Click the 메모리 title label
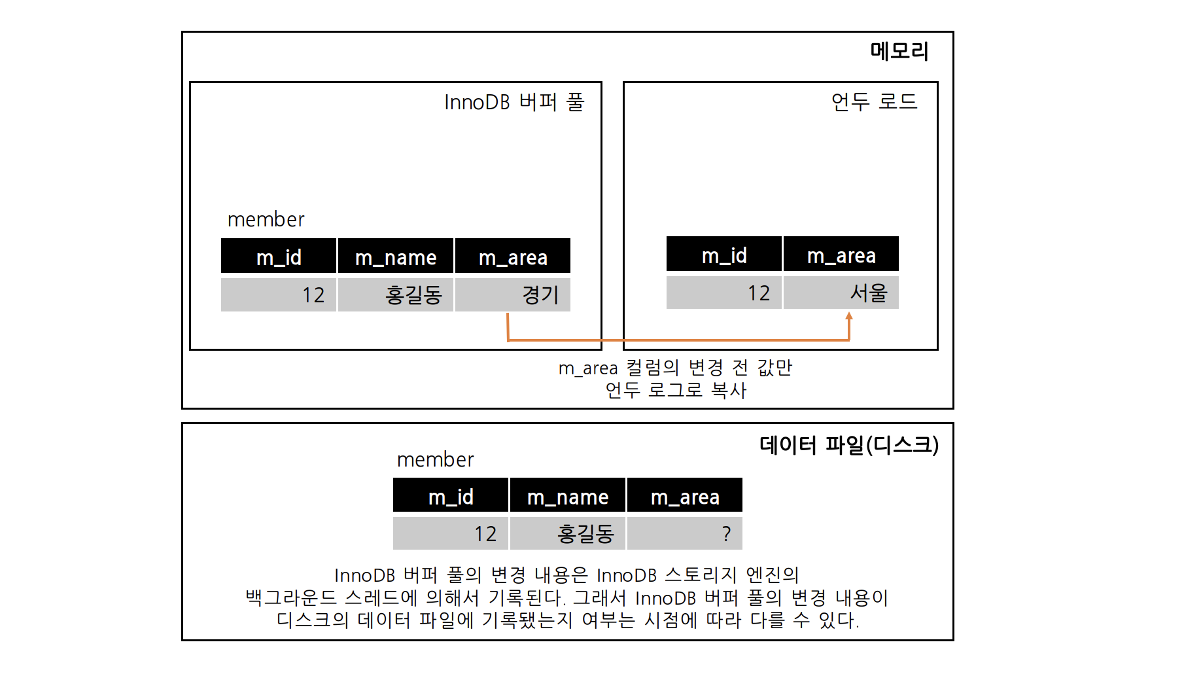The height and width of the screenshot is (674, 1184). (899, 51)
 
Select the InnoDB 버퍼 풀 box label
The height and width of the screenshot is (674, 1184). (514, 102)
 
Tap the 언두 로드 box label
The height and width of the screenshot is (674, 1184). (874, 101)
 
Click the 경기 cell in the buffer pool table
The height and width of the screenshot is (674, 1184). (513, 294)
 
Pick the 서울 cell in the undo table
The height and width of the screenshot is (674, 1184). (841, 293)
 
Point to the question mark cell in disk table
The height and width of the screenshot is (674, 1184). (685, 533)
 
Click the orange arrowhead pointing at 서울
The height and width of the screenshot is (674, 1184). (849, 317)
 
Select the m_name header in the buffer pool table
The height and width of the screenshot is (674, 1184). (396, 257)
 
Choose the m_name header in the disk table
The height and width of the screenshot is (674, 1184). (568, 496)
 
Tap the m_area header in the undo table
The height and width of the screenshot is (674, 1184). (841, 255)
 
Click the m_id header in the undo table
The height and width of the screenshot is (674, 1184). (724, 255)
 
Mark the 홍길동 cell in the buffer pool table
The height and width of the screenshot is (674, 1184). (396, 294)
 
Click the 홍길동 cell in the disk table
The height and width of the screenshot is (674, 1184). (568, 533)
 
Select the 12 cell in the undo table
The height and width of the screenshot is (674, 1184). (724, 293)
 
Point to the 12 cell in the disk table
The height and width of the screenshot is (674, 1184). (451, 533)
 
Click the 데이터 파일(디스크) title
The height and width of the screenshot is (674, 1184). (849, 445)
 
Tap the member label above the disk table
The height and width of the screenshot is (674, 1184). (435, 459)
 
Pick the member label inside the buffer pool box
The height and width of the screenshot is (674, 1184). (266, 219)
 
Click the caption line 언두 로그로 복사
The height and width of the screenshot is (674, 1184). (676, 390)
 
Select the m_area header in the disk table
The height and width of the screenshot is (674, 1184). (685, 496)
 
